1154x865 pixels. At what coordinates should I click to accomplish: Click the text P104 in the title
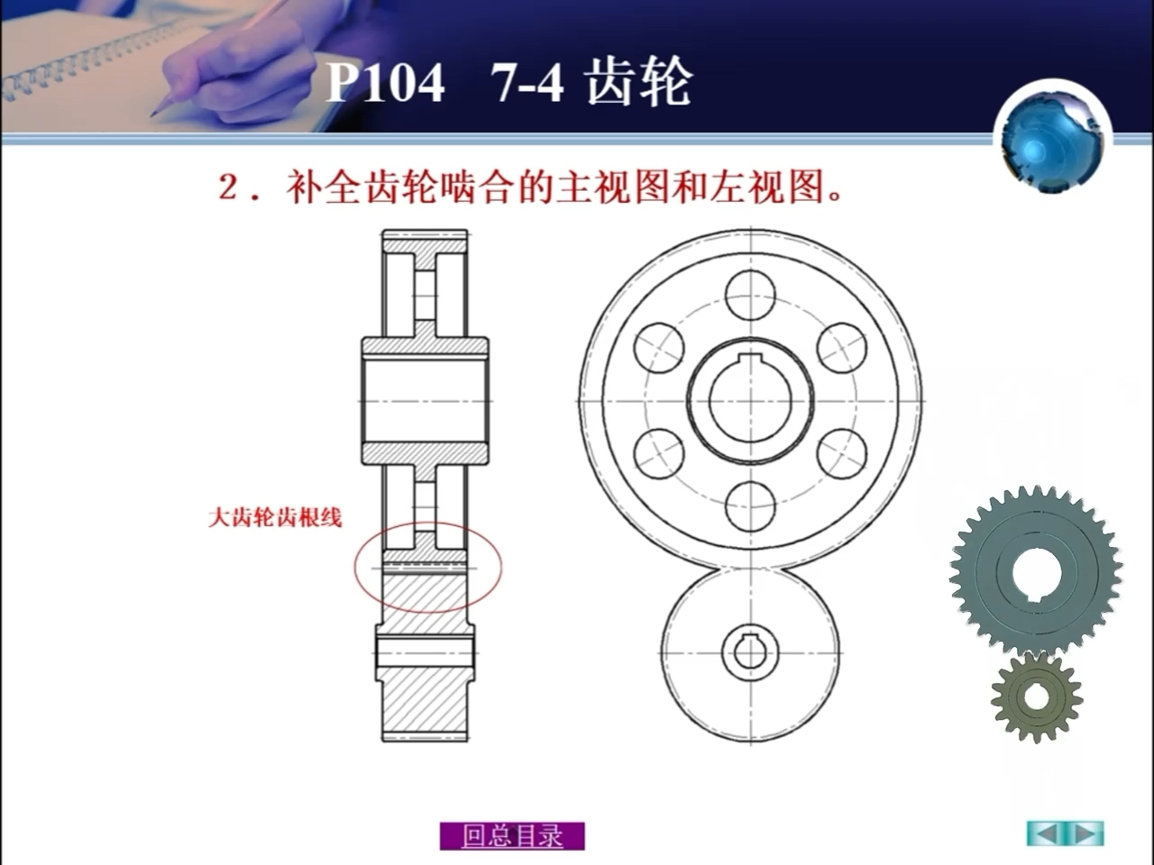(x=385, y=84)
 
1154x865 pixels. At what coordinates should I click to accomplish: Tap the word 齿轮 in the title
(x=638, y=84)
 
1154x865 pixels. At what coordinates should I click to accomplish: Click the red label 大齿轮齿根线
(x=275, y=517)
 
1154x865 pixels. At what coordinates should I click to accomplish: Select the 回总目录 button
(x=512, y=835)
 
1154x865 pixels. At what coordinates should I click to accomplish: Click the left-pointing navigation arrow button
(x=1046, y=833)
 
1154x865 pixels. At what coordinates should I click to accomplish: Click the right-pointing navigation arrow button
(x=1085, y=833)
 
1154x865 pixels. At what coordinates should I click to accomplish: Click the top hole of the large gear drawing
(x=750, y=296)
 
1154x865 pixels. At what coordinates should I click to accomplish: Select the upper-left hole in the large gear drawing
(x=659, y=348)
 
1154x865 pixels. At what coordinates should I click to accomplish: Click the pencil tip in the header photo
(x=154, y=114)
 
